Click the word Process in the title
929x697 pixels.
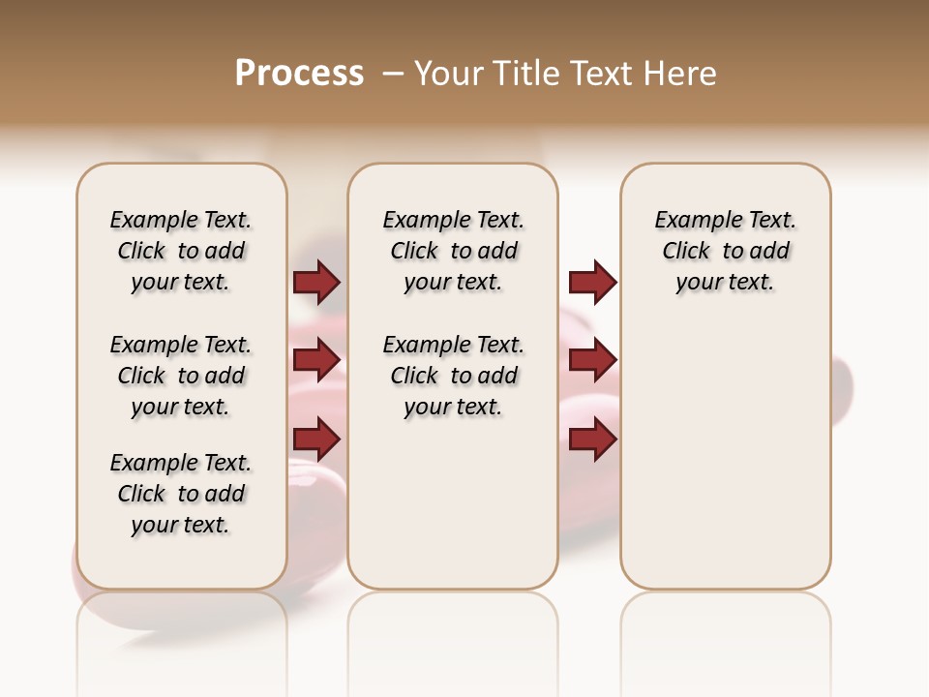tap(299, 73)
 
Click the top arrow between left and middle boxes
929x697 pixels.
tap(316, 283)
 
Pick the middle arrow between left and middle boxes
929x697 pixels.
tap(316, 360)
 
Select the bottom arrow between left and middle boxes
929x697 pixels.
tap(316, 439)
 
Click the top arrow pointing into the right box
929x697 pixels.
tap(592, 283)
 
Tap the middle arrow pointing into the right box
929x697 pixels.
tap(592, 360)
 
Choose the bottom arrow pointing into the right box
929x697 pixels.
tap(592, 439)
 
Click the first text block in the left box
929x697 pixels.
tap(181, 251)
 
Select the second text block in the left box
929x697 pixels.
tap(181, 376)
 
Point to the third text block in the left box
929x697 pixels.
tap(181, 494)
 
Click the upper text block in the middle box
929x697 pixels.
tap(454, 251)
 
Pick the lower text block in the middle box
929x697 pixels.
tap(454, 376)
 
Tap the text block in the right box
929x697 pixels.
tap(726, 251)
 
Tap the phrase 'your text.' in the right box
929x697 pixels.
tap(726, 283)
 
